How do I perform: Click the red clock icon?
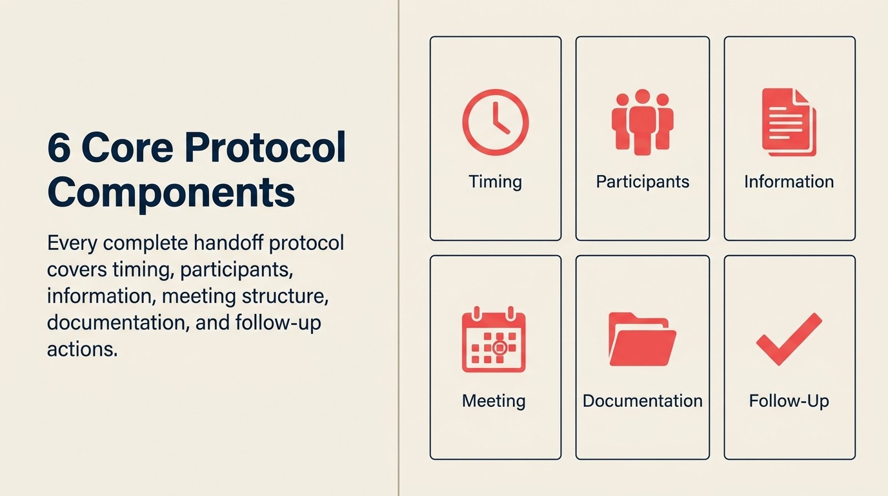(495, 123)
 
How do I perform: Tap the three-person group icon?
(642, 122)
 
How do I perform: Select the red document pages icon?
(789, 122)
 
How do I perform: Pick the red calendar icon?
(494, 340)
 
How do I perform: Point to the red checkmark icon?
(789, 339)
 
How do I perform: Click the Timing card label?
(495, 181)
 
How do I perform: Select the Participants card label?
(642, 181)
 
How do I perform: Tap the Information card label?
(789, 181)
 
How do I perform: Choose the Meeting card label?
(494, 400)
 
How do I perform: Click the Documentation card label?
(642, 400)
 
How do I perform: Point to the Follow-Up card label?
(789, 400)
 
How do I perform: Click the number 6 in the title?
(59, 149)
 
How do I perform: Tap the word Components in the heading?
(171, 192)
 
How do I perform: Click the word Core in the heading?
(127, 149)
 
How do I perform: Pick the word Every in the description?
(72, 244)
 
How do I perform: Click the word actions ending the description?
(82, 349)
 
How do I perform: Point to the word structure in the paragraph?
(285, 296)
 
